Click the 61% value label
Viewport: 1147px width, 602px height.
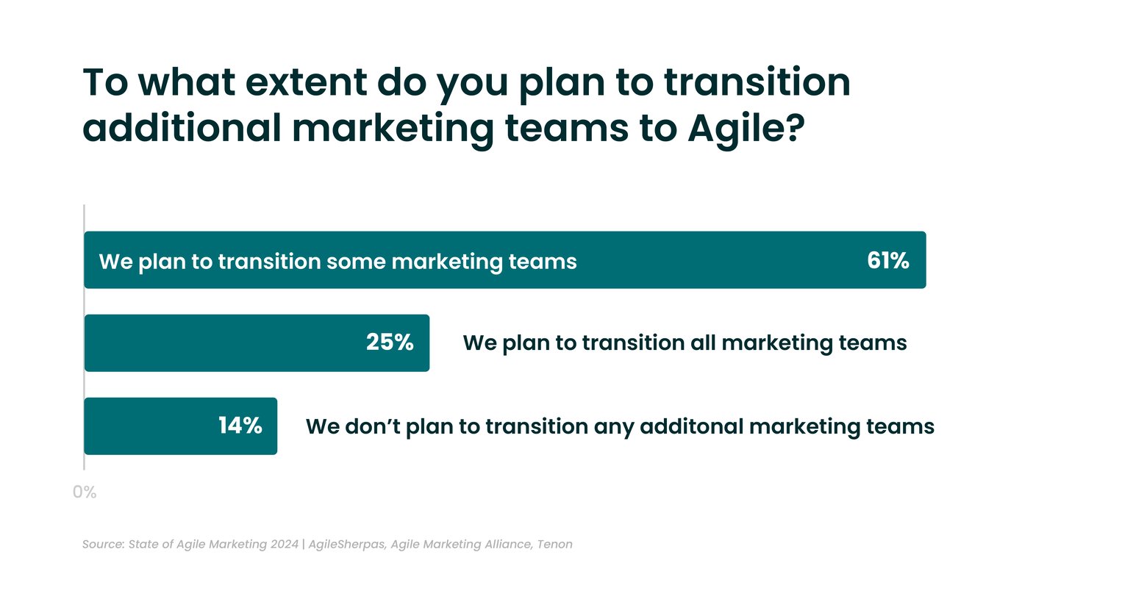click(x=887, y=260)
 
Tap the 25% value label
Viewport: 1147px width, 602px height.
click(x=390, y=343)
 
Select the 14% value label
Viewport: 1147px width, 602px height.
click(x=240, y=426)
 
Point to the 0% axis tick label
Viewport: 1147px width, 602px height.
click(x=85, y=492)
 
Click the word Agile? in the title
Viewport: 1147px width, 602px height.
click(x=746, y=128)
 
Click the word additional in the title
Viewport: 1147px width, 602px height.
click(x=182, y=128)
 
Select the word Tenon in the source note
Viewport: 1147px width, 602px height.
click(x=554, y=545)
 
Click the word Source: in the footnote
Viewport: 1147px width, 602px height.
click(x=103, y=545)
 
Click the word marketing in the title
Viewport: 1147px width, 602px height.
click(x=393, y=128)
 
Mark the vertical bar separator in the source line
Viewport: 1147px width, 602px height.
click(x=304, y=545)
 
